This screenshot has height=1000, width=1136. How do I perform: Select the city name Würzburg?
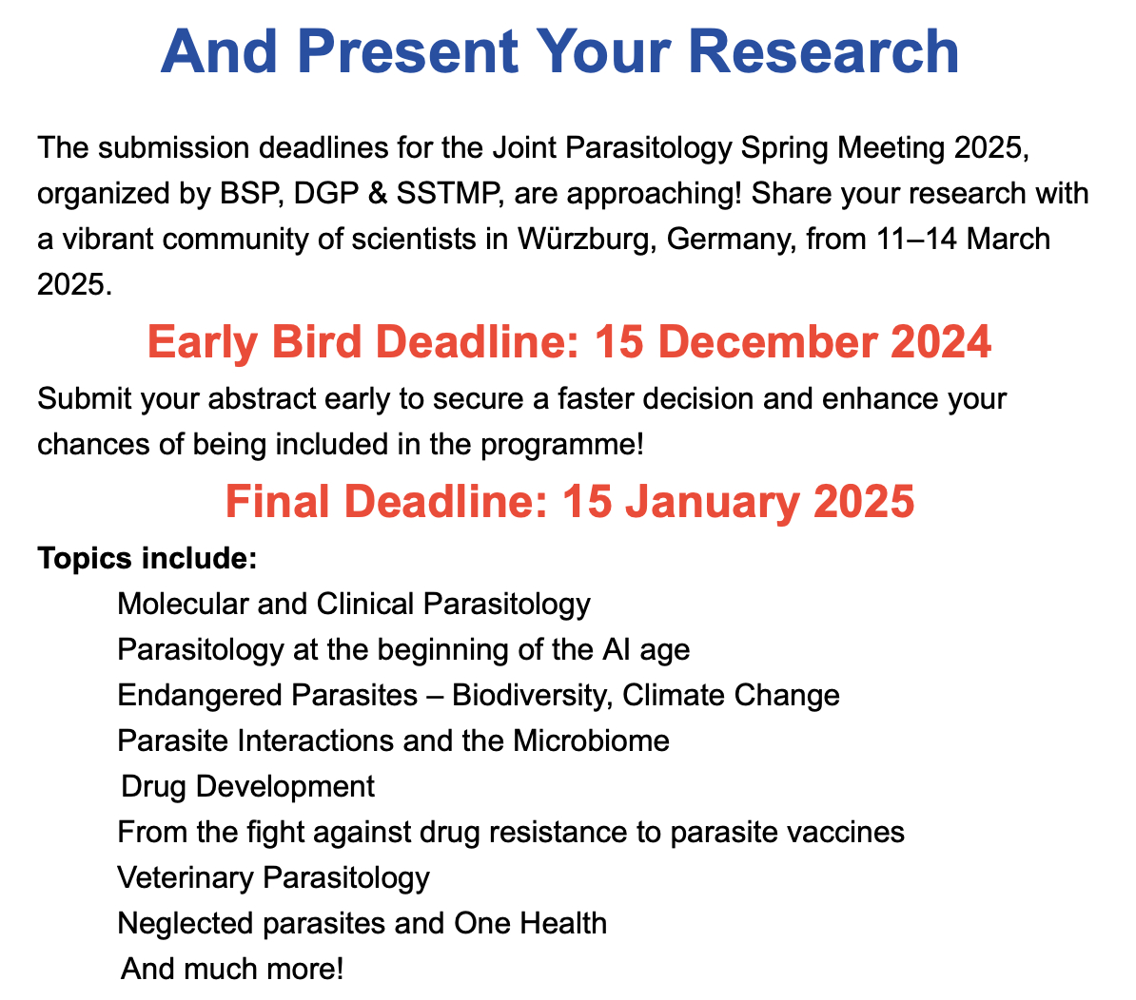pyautogui.click(x=587, y=239)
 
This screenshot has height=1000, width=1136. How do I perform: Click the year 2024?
pyautogui.click(x=940, y=341)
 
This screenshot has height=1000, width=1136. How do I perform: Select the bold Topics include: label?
pyautogui.click(x=147, y=558)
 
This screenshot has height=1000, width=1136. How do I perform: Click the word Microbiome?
pyautogui.click(x=591, y=740)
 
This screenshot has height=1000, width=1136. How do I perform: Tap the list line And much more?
pyautogui.click(x=232, y=969)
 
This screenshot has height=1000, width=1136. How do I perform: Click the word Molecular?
pyautogui.click(x=184, y=604)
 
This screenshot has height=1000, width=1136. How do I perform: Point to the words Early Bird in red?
pyautogui.click(x=254, y=341)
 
